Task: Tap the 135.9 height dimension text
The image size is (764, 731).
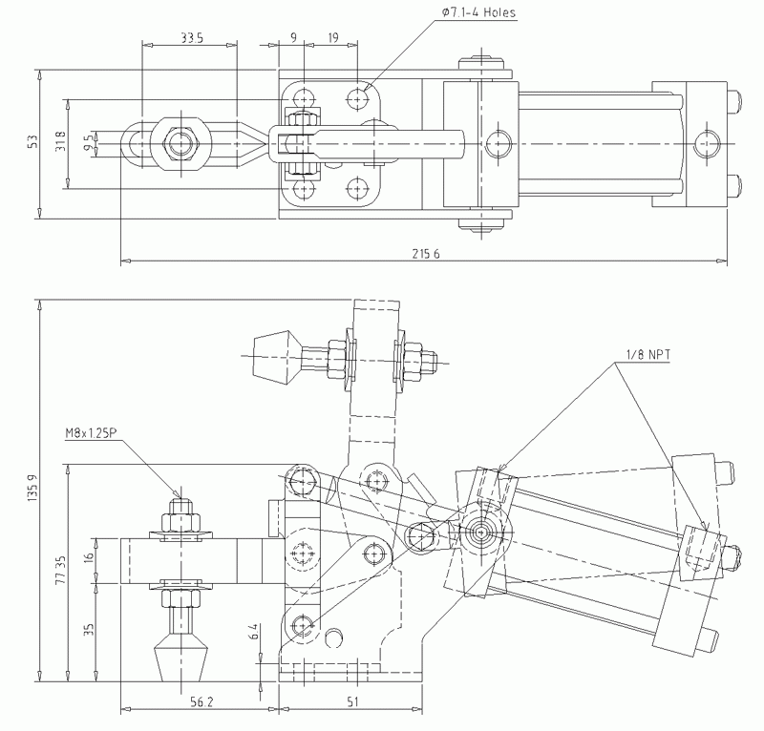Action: point(32,491)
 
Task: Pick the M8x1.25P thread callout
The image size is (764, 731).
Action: point(92,433)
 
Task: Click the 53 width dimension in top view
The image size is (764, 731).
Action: point(32,141)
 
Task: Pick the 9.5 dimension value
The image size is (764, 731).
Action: point(89,142)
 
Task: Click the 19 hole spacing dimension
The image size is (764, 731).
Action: point(332,37)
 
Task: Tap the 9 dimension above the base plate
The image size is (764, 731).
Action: point(293,37)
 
